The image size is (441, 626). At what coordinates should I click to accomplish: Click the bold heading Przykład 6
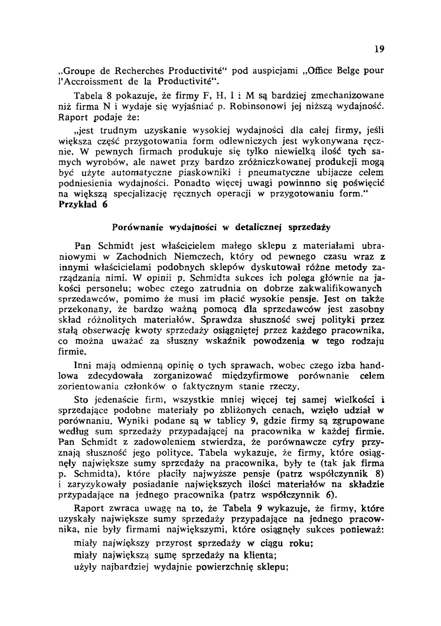82,205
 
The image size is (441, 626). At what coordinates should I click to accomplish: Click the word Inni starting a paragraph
82,366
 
